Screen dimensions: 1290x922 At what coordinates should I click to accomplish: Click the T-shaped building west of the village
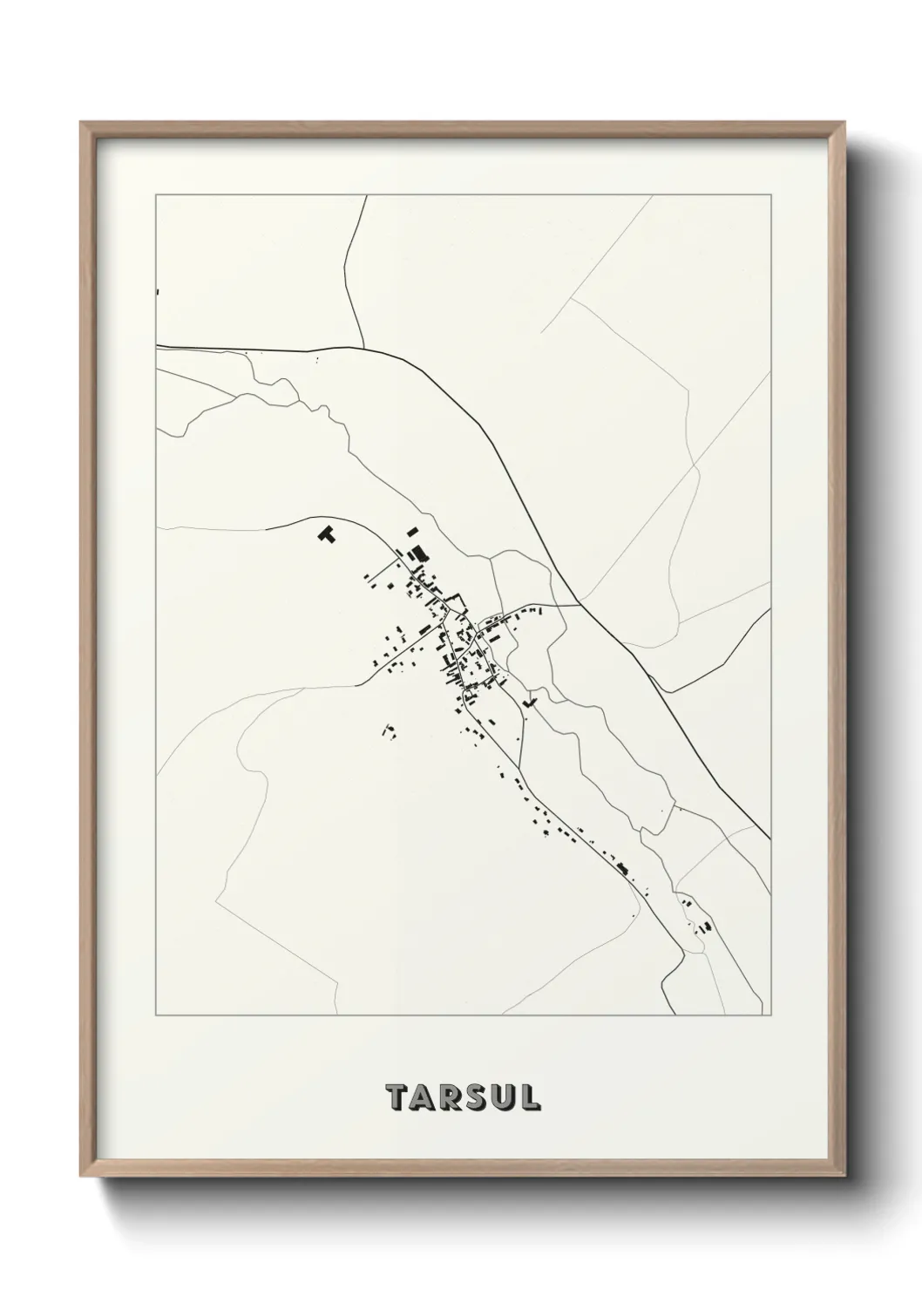coord(326,533)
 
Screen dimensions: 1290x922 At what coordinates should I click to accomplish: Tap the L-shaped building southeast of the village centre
coord(528,699)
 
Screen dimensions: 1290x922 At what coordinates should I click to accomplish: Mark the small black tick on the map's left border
coord(157,292)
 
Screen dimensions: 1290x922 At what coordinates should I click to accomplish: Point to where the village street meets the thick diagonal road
coord(580,603)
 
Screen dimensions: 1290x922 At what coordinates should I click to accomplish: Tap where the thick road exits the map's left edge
coord(157,346)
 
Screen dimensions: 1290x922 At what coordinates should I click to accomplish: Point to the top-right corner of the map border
coord(771,196)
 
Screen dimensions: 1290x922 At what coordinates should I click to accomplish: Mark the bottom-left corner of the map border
coord(156,1015)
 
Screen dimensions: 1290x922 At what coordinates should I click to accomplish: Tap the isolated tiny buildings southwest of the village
coord(389,730)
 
